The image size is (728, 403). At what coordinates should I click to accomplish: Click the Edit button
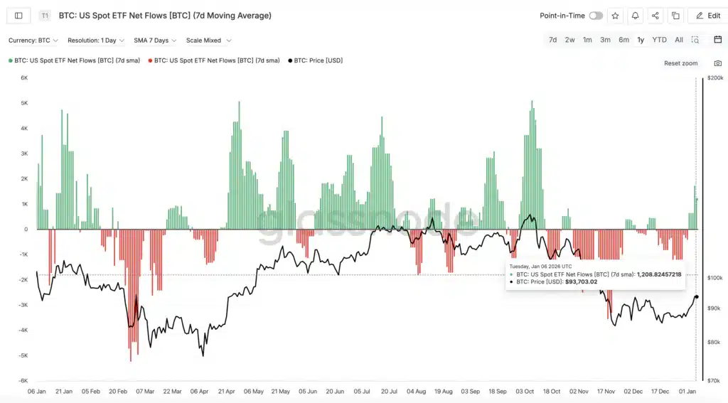(x=707, y=16)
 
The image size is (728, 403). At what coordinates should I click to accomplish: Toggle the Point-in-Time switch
(x=596, y=16)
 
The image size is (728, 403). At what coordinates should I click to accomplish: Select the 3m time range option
(x=605, y=40)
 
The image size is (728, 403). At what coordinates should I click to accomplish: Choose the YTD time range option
(x=659, y=40)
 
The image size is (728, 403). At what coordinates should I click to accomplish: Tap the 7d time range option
(x=552, y=40)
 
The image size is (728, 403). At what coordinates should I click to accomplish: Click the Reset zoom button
(x=680, y=63)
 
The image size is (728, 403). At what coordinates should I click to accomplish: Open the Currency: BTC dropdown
(x=33, y=41)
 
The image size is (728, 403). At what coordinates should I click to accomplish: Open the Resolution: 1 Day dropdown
(x=96, y=41)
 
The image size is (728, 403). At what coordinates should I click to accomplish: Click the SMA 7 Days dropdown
(x=155, y=41)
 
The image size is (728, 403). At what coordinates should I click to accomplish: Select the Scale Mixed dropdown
(x=208, y=41)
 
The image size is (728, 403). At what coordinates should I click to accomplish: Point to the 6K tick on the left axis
(x=23, y=78)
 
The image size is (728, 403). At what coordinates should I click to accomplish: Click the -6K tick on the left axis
(x=23, y=381)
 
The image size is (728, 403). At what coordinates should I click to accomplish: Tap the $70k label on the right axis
(x=714, y=381)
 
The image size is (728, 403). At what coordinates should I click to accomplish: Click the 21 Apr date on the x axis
(x=226, y=391)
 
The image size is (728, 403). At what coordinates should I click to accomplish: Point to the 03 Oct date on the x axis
(x=525, y=391)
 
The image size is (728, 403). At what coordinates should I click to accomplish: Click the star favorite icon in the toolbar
(x=615, y=16)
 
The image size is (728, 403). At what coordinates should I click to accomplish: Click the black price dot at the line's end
(x=696, y=297)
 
